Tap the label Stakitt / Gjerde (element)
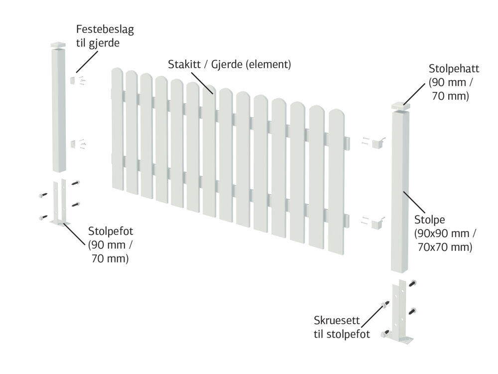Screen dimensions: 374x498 (229, 64)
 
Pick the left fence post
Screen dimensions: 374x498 (59, 110)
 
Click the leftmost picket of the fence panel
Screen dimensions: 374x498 (117, 129)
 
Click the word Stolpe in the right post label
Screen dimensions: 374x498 (429, 219)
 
